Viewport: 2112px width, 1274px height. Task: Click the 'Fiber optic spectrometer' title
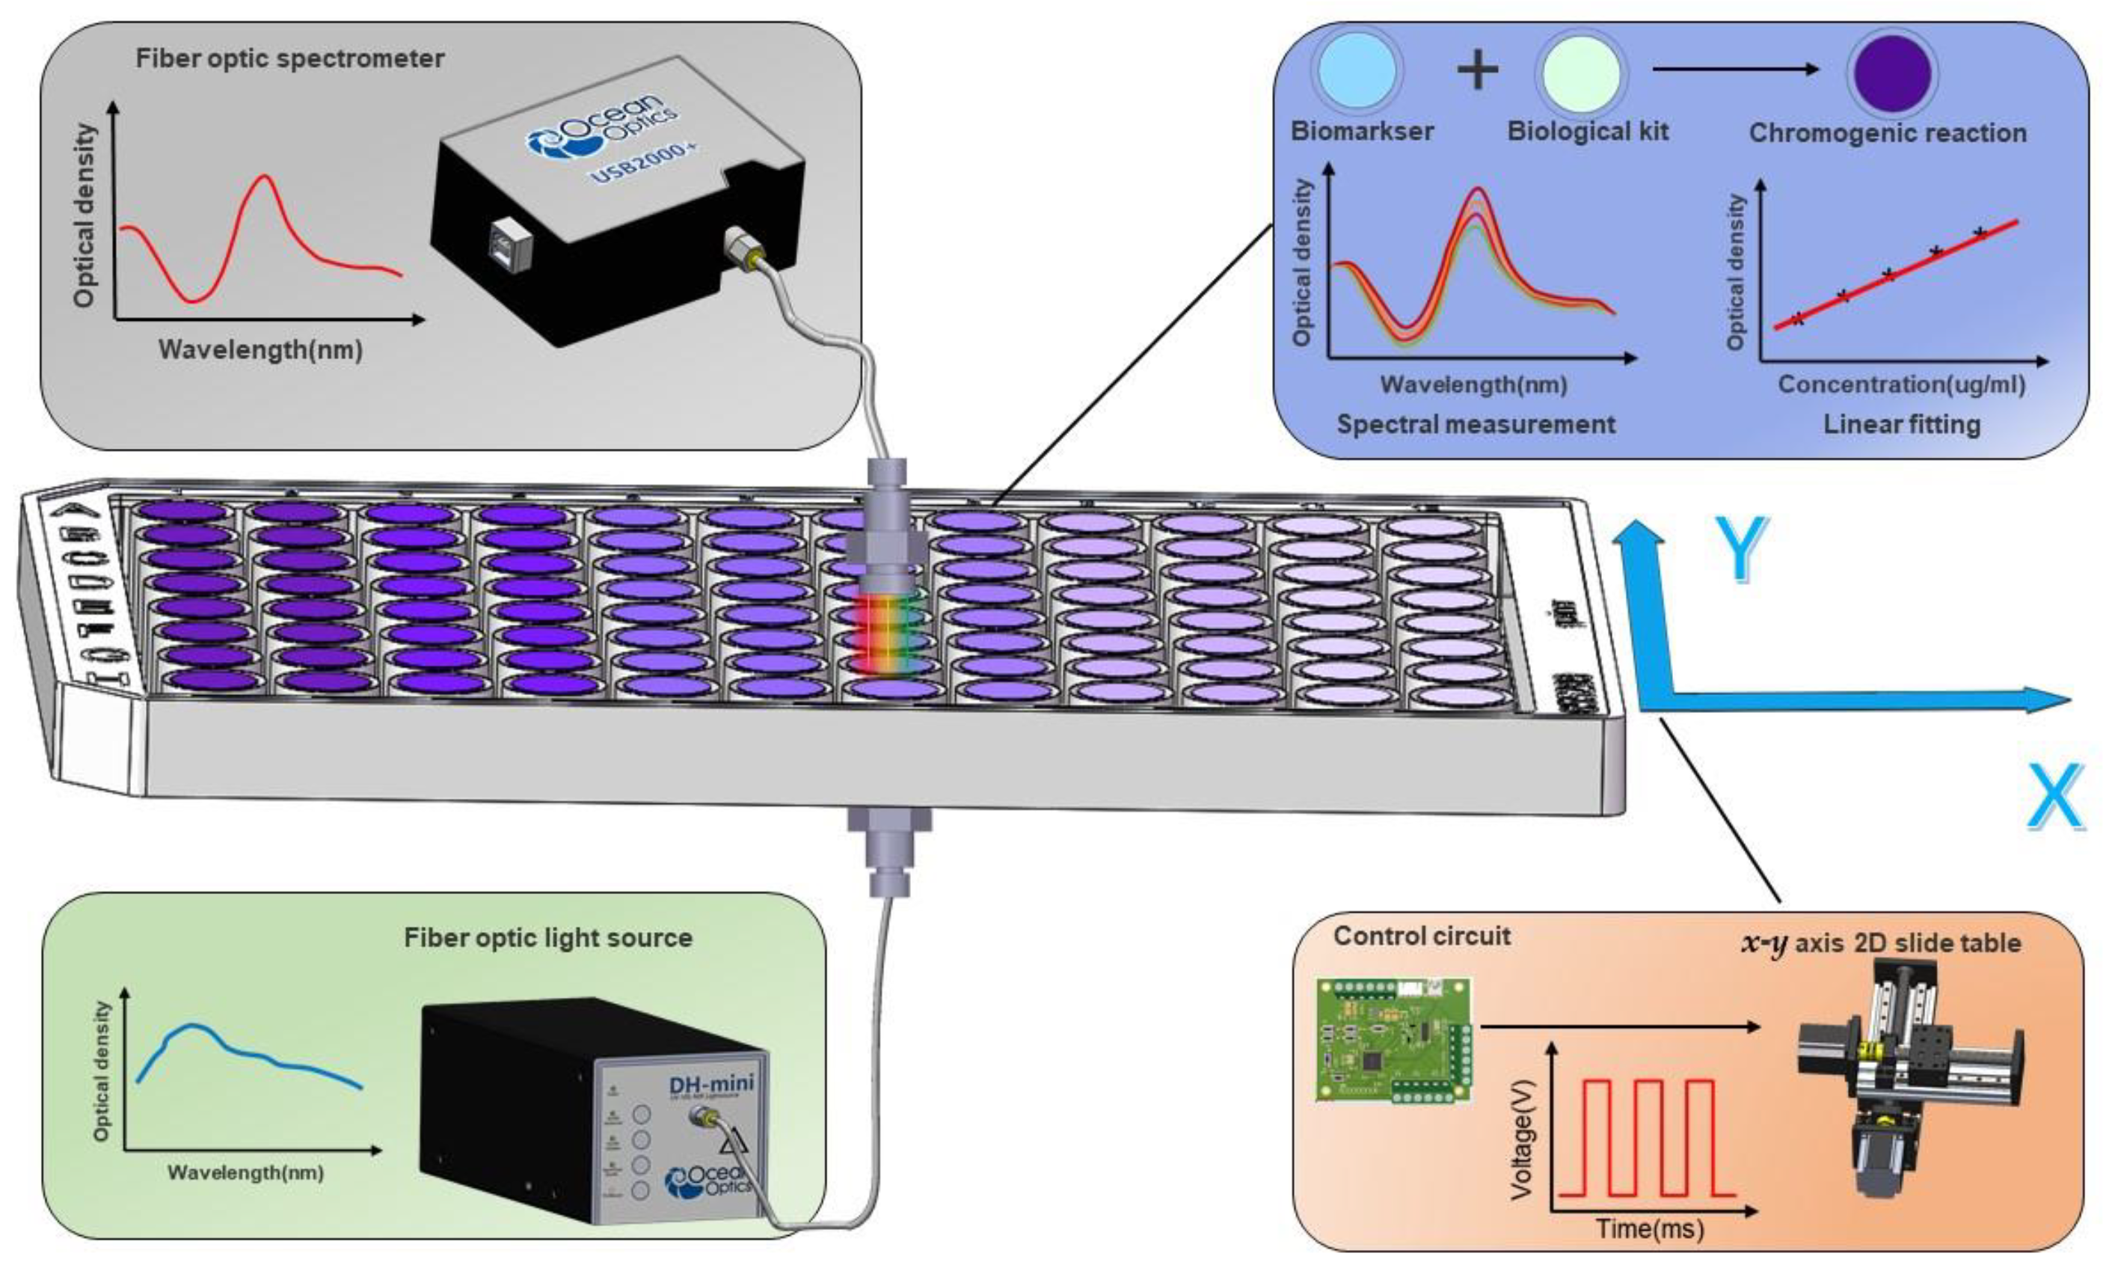tap(289, 59)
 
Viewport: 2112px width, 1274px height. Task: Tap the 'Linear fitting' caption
tap(1901, 424)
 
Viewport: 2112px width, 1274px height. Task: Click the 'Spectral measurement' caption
tap(1476, 424)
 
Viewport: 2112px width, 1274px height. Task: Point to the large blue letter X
tap(2055, 797)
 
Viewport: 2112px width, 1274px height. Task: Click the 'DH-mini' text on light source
tap(710, 1084)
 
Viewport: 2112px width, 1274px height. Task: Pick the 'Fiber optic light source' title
tap(547, 938)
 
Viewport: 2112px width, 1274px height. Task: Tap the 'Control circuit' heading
tap(1421, 936)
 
